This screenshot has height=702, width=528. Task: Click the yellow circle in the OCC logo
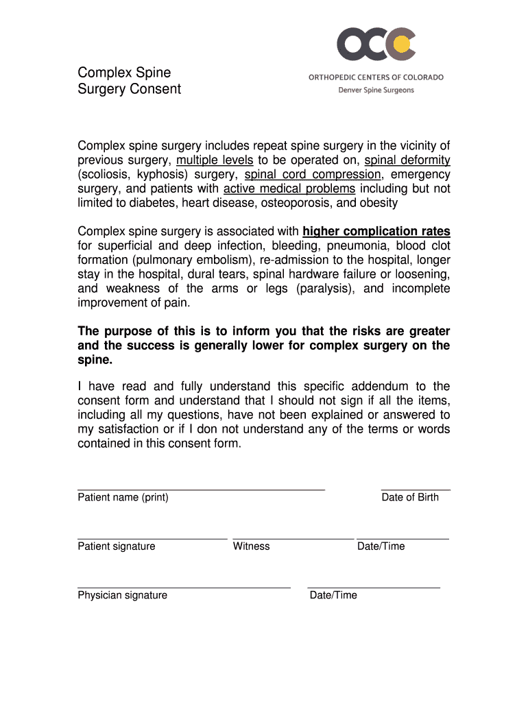(404, 45)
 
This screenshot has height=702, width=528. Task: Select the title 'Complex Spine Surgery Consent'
(129, 81)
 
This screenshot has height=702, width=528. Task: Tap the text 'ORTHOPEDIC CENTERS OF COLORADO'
(376, 77)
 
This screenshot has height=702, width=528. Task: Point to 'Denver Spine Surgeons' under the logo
(376, 90)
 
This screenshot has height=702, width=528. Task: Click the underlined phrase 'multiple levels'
(215, 160)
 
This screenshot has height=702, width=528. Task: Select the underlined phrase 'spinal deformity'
(407, 160)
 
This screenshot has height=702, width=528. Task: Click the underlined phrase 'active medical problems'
(289, 189)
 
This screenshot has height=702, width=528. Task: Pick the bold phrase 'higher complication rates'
(376, 232)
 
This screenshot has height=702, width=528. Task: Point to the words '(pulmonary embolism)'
(195, 261)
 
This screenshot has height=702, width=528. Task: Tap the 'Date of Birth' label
(410, 498)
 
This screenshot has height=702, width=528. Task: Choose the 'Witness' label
(251, 546)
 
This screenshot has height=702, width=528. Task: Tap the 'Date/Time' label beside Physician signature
(333, 596)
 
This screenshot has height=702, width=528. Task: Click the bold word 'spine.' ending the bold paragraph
(95, 360)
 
